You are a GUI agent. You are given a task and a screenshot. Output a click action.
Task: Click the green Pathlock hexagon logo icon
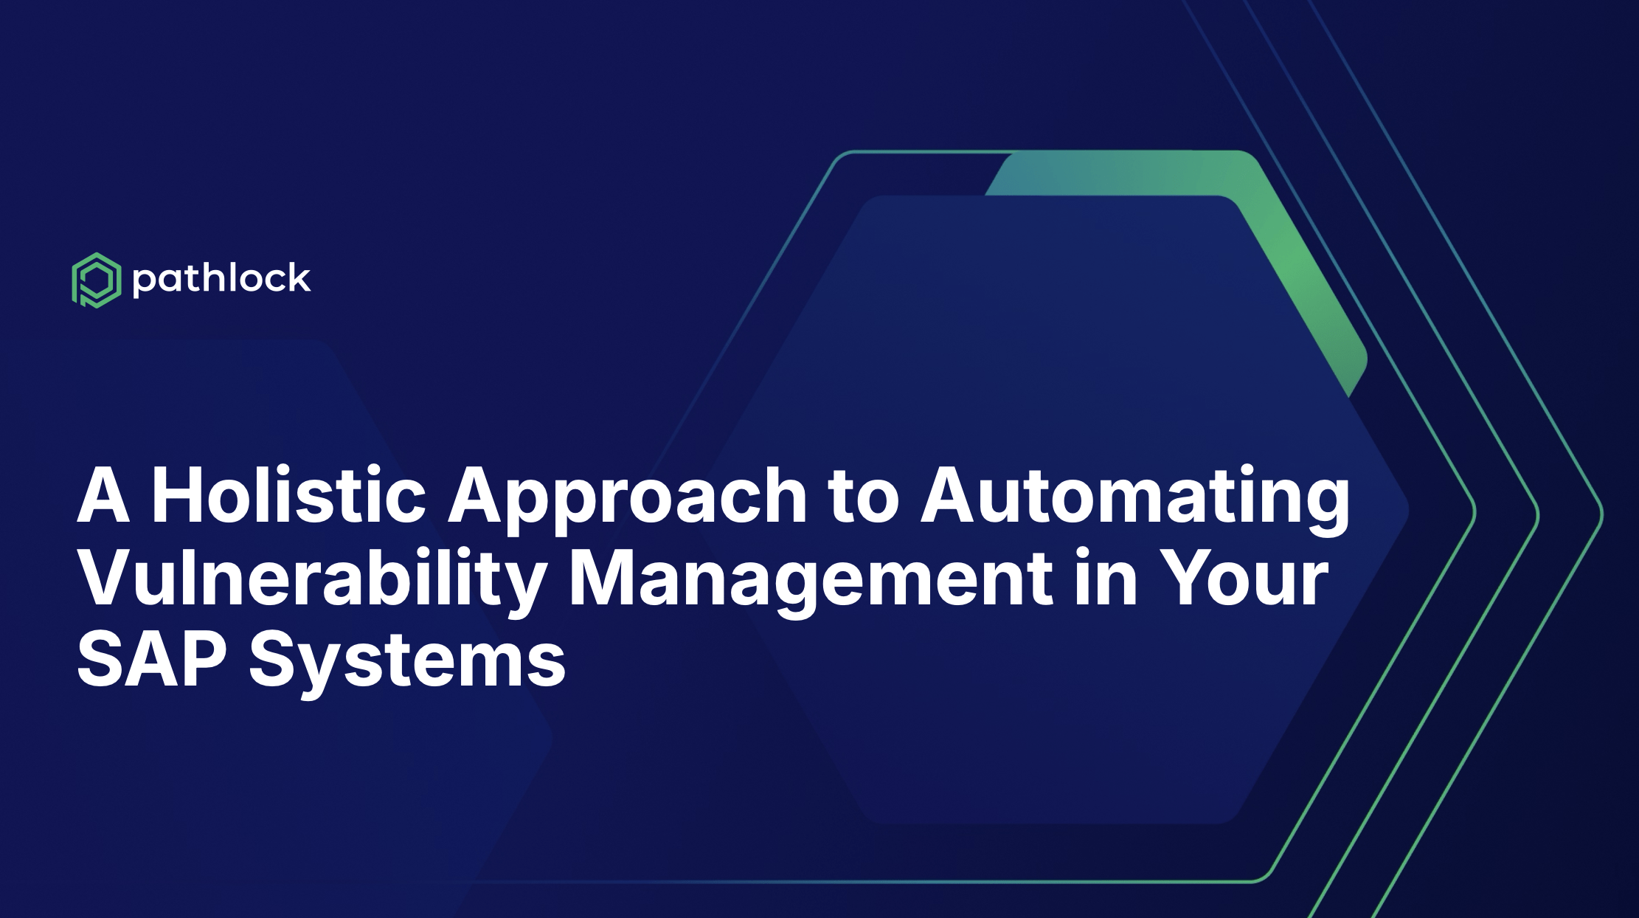click(x=96, y=280)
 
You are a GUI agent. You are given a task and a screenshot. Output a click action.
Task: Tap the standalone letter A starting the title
click(x=104, y=495)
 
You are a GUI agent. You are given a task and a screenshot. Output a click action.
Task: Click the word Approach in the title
click(x=628, y=499)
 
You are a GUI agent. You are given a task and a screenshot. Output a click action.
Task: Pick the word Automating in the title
click(x=1135, y=499)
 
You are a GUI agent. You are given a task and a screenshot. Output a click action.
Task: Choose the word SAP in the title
click(x=151, y=660)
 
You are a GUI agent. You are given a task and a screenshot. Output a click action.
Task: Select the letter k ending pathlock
click(x=298, y=277)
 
